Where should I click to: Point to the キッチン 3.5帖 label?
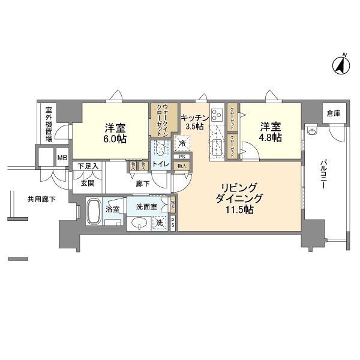tap(194, 122)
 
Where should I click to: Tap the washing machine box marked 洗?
tap(158, 223)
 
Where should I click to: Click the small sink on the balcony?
tap(311, 131)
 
